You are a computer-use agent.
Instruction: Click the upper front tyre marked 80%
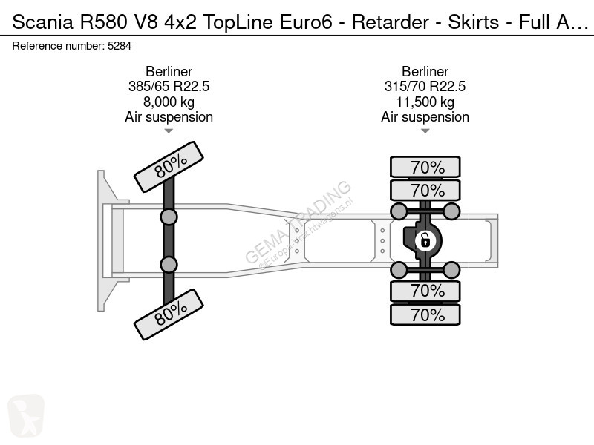point(169,167)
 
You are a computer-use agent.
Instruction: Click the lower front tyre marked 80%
point(169,314)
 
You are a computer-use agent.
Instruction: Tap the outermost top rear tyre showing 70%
point(425,167)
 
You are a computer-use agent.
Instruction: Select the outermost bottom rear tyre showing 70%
point(425,314)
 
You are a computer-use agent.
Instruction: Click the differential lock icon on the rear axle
point(425,240)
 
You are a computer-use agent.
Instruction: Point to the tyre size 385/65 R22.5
point(169,86)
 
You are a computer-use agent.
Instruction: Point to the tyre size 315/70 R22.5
point(425,86)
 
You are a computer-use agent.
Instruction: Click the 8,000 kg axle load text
point(169,102)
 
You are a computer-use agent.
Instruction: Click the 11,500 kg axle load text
point(425,102)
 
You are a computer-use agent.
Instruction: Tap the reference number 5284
point(120,46)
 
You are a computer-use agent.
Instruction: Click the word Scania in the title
point(43,22)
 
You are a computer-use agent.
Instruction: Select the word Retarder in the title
point(391,22)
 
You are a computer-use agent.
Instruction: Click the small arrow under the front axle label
point(169,131)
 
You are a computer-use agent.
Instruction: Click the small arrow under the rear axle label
point(425,131)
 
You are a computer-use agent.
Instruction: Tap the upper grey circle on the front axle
point(169,217)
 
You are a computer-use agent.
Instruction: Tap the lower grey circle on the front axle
point(169,265)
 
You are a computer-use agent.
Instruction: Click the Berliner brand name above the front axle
point(169,71)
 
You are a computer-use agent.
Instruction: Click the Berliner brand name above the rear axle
point(425,71)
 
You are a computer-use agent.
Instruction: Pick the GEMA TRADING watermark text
point(298,222)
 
